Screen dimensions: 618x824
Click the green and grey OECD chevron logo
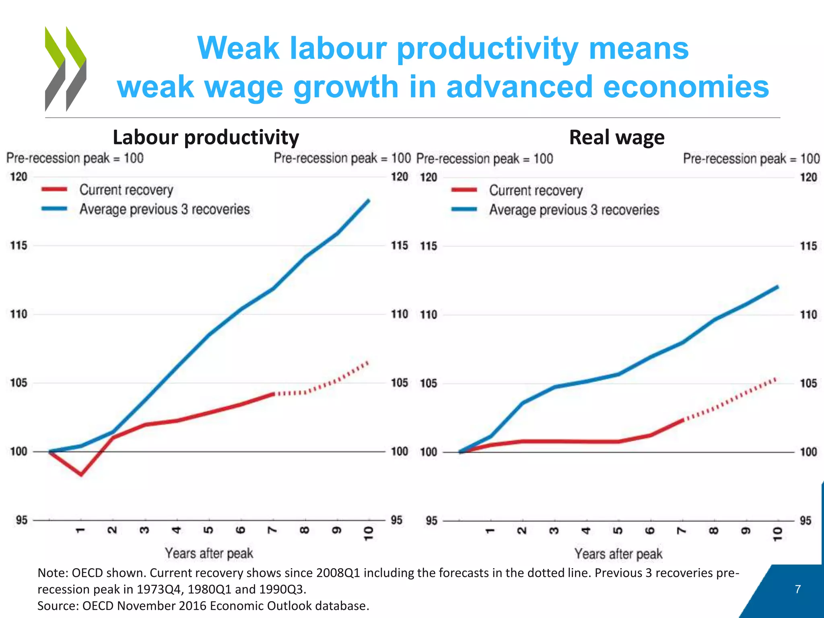point(66,68)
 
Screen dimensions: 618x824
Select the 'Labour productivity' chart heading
point(206,137)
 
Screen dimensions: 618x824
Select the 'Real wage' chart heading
point(616,137)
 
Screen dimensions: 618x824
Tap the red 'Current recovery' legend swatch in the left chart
point(54,190)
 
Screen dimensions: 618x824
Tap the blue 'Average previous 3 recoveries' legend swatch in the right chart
point(464,209)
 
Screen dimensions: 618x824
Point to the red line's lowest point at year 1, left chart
point(81,474)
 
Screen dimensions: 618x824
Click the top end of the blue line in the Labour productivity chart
point(369,200)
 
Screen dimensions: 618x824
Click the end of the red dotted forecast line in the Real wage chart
point(775,379)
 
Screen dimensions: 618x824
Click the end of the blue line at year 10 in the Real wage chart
point(777,287)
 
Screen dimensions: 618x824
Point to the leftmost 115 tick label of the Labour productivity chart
point(19,245)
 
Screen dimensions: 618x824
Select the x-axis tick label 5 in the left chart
point(209,530)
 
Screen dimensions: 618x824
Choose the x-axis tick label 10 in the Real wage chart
point(778,534)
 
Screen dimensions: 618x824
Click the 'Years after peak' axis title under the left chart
point(209,553)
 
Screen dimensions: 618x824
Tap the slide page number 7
point(798,589)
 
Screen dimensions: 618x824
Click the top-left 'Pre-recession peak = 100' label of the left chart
point(75,158)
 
